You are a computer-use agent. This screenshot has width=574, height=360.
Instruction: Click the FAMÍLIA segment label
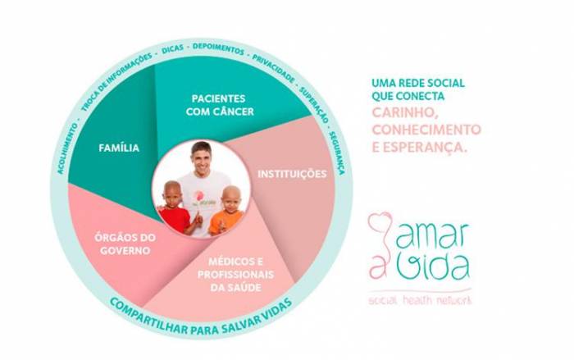click(x=119, y=148)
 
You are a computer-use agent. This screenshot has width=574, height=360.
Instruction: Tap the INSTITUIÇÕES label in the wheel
click(x=292, y=174)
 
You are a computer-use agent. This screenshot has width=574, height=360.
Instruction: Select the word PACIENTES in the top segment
click(x=219, y=98)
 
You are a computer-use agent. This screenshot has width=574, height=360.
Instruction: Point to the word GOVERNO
click(x=125, y=251)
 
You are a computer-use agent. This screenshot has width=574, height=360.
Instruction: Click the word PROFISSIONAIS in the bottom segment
click(x=236, y=275)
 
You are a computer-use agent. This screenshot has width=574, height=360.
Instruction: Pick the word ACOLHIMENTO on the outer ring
click(x=67, y=149)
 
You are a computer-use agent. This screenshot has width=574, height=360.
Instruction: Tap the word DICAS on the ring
click(x=172, y=50)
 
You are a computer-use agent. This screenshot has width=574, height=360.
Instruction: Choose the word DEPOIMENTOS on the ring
click(x=218, y=48)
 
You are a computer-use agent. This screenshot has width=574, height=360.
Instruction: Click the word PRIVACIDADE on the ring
click(x=273, y=68)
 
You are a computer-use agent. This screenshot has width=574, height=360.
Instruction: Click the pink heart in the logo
click(x=380, y=221)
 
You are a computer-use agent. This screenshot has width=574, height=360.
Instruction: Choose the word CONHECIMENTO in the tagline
click(x=426, y=130)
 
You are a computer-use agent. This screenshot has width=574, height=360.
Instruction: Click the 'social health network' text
click(x=420, y=301)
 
